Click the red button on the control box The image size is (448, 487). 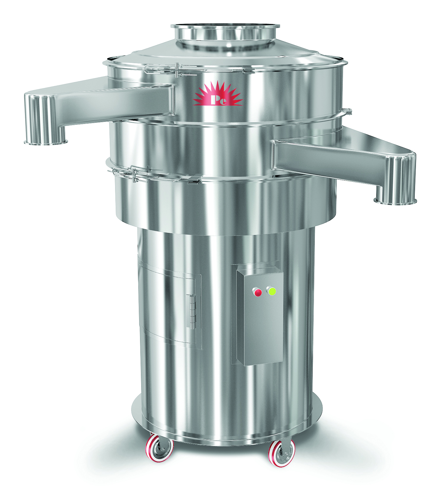click(x=258, y=293)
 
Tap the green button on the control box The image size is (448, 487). click(x=272, y=291)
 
